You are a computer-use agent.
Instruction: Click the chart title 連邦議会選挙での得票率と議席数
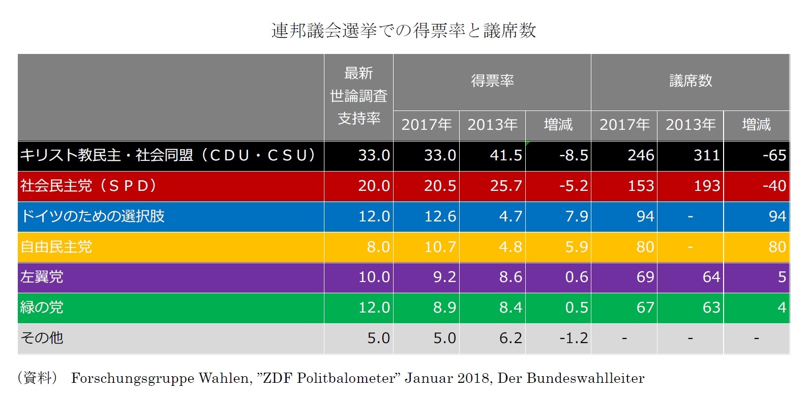pyautogui.click(x=404, y=31)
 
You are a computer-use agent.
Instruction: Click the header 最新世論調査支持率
pyautogui.click(x=358, y=96)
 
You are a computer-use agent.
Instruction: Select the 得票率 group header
pyautogui.click(x=492, y=81)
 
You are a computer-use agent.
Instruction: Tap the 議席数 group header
pyautogui.click(x=690, y=81)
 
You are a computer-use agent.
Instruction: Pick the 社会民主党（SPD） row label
pyautogui.click(x=88, y=186)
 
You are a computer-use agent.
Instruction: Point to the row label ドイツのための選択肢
pyautogui.click(x=93, y=216)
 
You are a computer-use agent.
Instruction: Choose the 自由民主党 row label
pyautogui.click(x=56, y=247)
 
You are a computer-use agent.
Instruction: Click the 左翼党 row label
pyautogui.click(x=42, y=277)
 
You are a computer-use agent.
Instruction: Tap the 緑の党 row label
pyautogui.click(x=42, y=307)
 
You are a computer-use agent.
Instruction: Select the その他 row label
pyautogui.click(x=42, y=338)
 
